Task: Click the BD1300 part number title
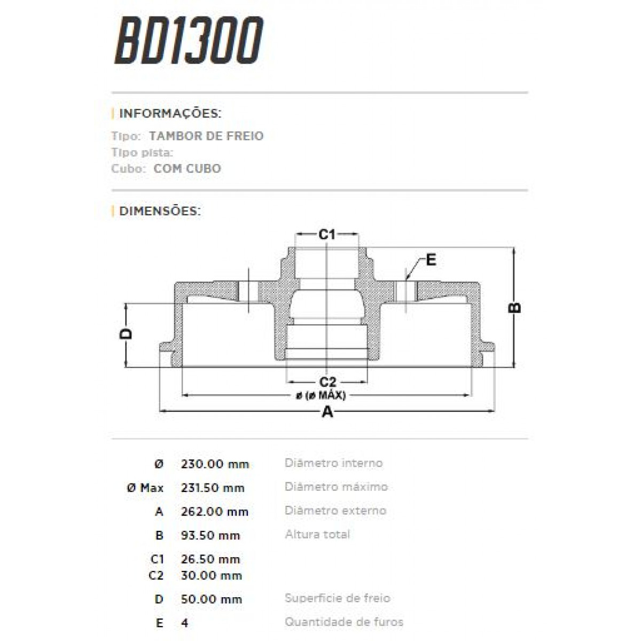coord(189,41)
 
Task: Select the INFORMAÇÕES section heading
coord(170,114)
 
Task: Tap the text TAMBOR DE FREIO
coord(206,136)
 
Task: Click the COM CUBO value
coord(187,169)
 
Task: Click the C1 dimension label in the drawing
coord(326,234)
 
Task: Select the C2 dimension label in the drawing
coord(327,382)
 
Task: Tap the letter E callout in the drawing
coord(431,260)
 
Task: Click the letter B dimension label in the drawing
coord(514,308)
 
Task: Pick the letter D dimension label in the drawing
coord(126,334)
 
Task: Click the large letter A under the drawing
coord(327,412)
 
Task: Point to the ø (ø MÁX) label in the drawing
coord(320,396)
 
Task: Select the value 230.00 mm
coord(215,464)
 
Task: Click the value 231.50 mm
coord(213,488)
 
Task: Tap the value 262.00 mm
coord(215,512)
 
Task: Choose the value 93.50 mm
coord(210,535)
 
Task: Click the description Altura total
coord(317,534)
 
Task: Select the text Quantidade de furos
coord(343,622)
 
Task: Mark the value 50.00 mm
coord(211,599)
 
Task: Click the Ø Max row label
coord(145,488)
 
